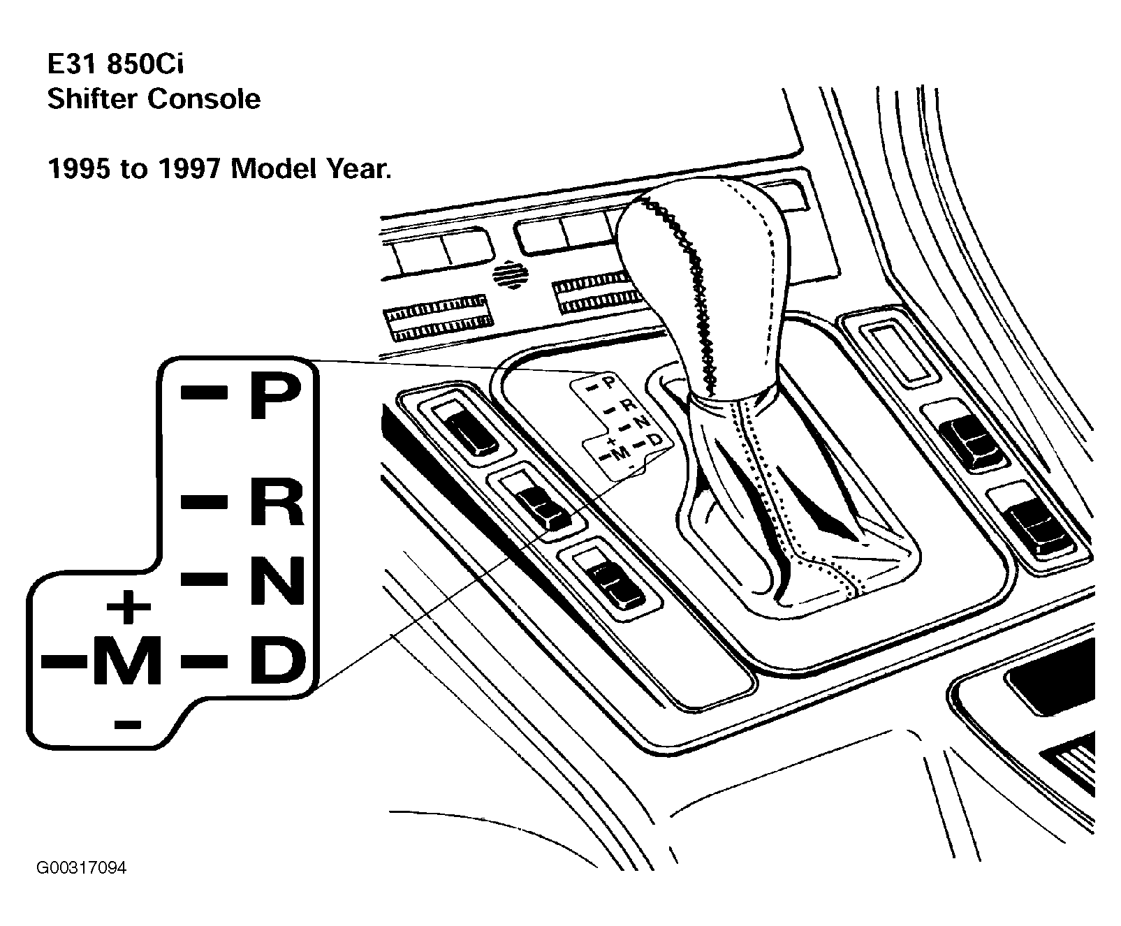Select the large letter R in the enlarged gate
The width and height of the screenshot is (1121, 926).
277,501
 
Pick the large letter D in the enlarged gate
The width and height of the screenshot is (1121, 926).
278,660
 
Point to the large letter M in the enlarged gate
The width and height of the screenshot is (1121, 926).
126,660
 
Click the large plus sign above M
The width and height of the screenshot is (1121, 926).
129,606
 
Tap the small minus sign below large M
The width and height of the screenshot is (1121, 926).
127,724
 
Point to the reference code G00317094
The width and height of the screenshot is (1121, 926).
82,869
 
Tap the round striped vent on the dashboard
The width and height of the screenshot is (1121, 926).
511,275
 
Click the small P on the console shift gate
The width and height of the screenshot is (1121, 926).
608,382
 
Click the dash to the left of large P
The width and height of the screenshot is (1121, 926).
204,392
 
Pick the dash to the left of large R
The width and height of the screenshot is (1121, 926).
204,501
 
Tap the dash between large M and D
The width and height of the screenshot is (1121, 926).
204,659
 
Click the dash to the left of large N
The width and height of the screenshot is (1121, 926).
204,578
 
